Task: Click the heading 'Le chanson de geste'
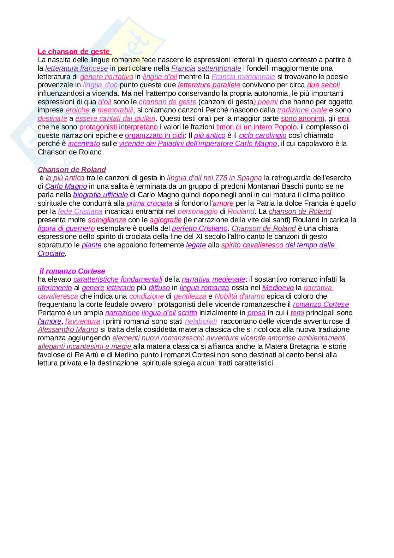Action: tap(74, 52)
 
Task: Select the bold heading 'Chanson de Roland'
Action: tap(72, 170)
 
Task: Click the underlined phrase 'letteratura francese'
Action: tap(77, 68)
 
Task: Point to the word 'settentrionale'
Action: tap(219, 68)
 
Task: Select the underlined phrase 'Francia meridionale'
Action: tap(243, 77)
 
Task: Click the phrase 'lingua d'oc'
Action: tap(100, 85)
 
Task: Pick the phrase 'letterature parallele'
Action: tap(209, 85)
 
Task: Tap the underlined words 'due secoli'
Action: tap(323, 85)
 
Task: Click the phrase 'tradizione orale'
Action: tap(302, 110)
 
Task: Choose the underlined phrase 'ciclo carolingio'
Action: tap(263, 135)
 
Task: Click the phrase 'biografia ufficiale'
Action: tap(100, 195)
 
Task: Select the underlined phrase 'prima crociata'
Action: tap(149, 203)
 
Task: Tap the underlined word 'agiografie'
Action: tap(166, 220)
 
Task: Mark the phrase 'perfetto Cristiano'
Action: tap(199, 228)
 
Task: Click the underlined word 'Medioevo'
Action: tap(278, 288)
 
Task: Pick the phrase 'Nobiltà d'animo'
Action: tap(239, 296)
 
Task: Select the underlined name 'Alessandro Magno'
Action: tap(68, 330)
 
